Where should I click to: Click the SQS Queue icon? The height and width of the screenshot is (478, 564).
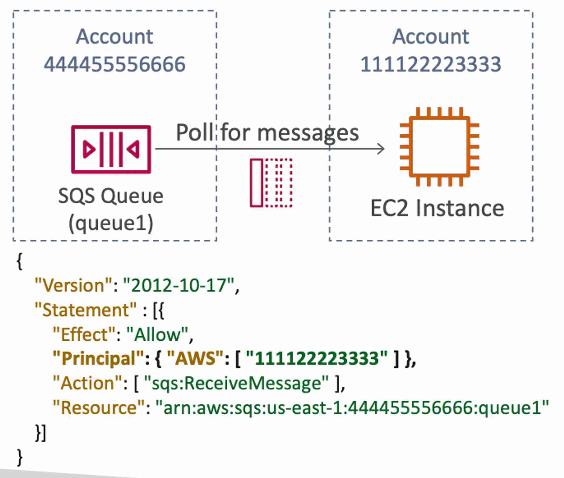click(111, 149)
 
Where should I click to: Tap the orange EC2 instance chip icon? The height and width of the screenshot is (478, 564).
click(439, 147)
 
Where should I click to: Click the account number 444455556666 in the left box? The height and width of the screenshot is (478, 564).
click(115, 64)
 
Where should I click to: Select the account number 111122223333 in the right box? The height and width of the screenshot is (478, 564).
click(431, 64)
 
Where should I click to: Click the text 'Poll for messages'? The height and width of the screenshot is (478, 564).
click(267, 133)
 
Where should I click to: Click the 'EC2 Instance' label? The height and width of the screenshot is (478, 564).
click(437, 208)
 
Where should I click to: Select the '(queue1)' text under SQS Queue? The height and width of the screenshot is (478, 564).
click(111, 223)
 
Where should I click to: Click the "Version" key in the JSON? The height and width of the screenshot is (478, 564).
click(74, 285)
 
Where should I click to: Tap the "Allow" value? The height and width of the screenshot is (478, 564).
click(157, 334)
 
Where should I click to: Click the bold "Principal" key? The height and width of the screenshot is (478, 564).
click(98, 359)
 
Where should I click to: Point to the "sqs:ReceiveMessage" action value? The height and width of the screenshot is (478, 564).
click(236, 383)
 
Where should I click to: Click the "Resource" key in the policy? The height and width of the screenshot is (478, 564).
click(99, 408)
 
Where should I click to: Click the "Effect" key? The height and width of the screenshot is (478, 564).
click(84, 334)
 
